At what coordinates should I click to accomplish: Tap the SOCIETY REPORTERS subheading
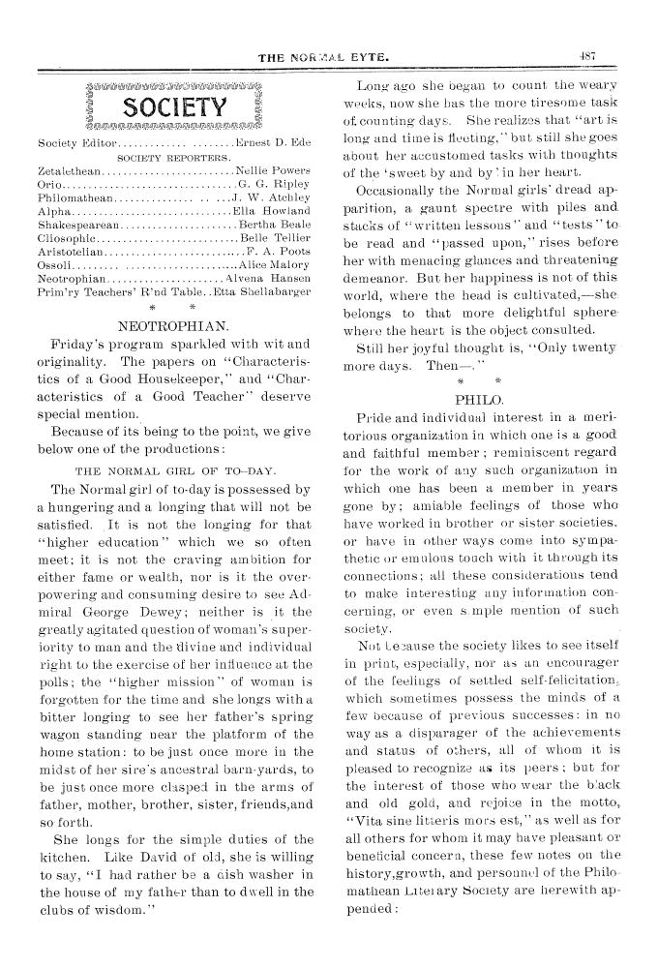(172, 157)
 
